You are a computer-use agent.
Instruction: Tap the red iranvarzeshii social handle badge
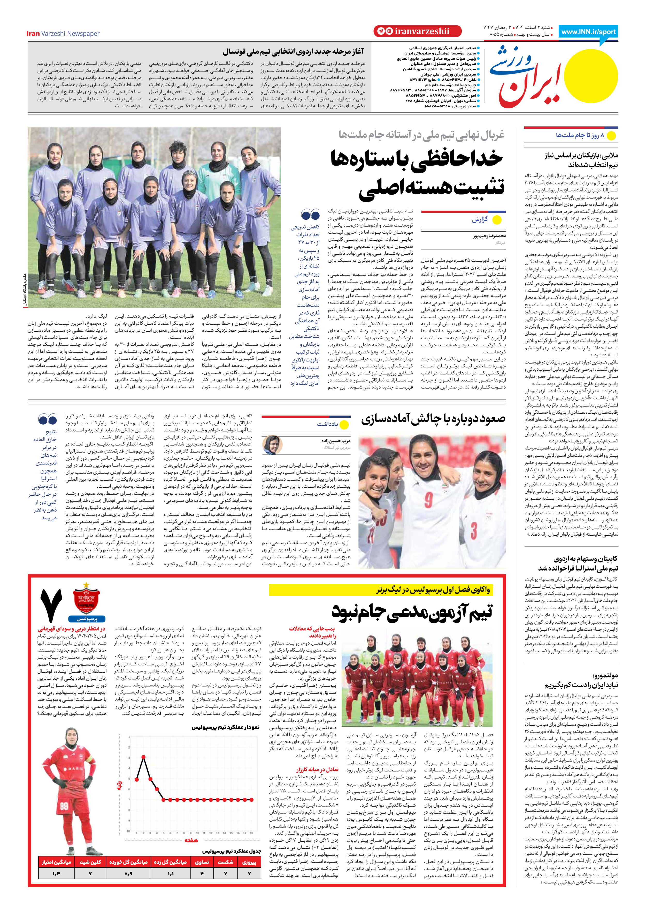[417, 31]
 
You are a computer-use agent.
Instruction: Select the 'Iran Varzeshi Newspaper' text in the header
[63, 33]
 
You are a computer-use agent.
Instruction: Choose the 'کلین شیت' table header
[90, 862]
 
